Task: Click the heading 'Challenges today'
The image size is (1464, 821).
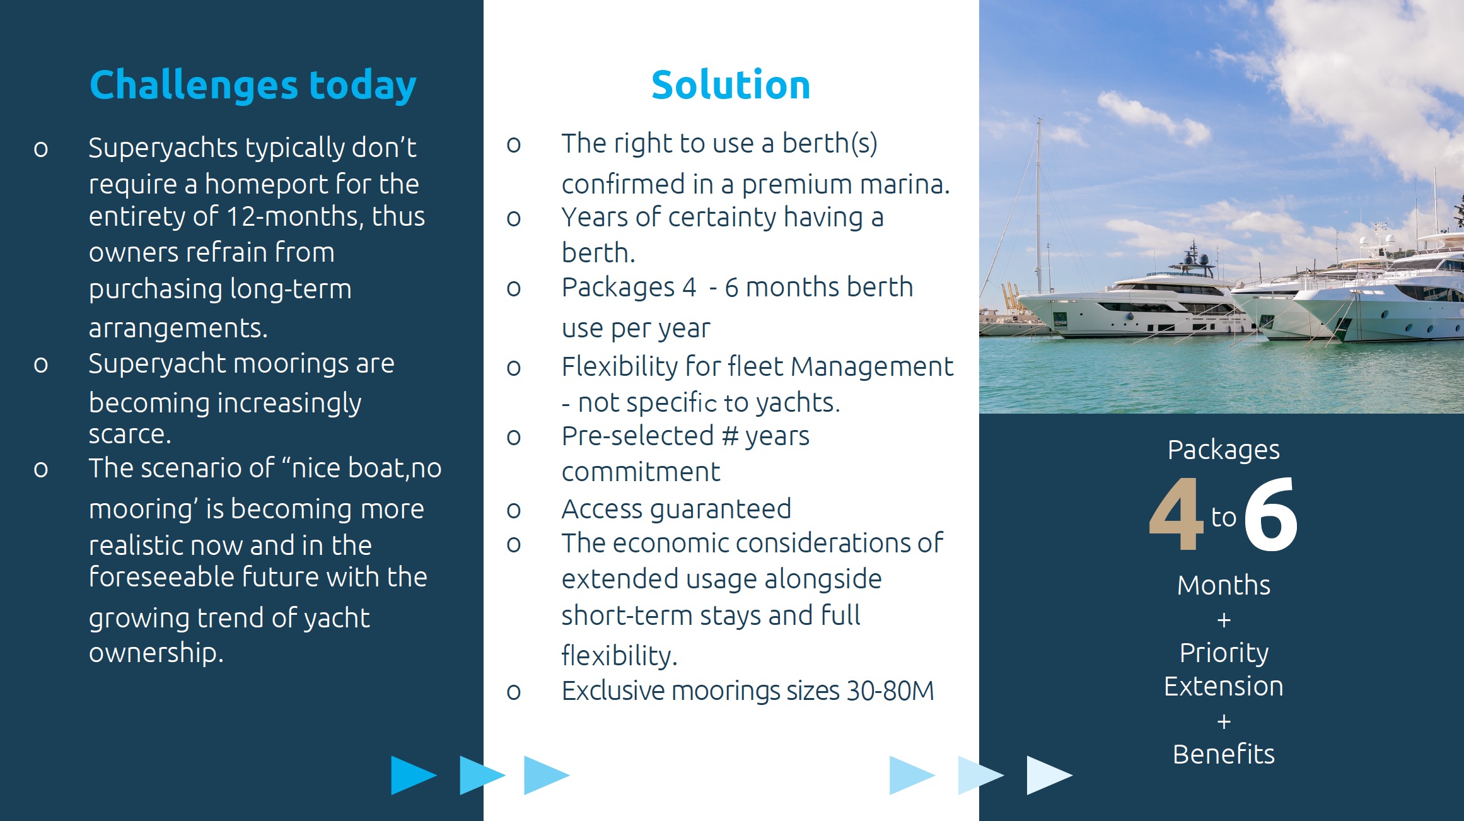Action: [x=252, y=85]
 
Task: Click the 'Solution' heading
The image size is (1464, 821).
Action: [x=730, y=85]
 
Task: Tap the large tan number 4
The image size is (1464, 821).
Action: [x=1176, y=514]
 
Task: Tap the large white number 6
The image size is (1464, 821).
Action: [x=1270, y=514]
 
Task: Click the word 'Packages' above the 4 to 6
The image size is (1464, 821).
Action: [x=1223, y=450]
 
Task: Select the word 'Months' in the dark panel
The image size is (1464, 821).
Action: [x=1223, y=585]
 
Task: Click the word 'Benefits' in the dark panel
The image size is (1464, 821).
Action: [x=1223, y=754]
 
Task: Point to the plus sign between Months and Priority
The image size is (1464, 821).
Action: [x=1224, y=620]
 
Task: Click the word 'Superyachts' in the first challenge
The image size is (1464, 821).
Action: [x=163, y=149]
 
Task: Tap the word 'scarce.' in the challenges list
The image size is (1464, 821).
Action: [x=129, y=434]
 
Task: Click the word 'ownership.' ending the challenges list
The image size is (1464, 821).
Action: [x=156, y=653]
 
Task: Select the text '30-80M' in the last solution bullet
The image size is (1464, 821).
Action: [x=890, y=691]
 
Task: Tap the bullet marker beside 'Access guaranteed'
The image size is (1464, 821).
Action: [x=514, y=510]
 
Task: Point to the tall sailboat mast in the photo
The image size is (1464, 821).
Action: [x=1038, y=202]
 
